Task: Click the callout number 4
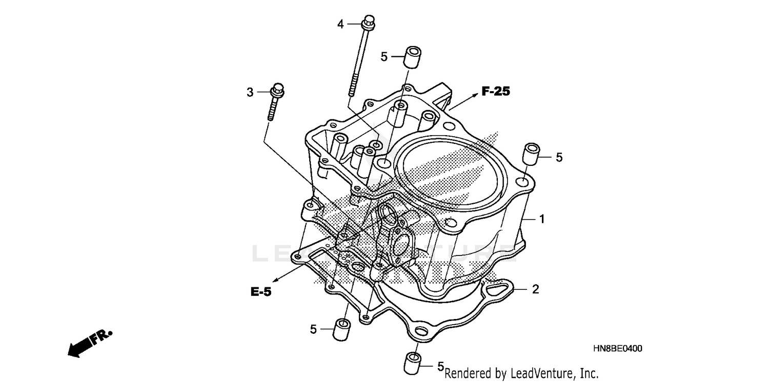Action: point(340,24)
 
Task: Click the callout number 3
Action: point(250,92)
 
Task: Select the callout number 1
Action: point(541,219)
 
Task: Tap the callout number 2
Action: point(535,290)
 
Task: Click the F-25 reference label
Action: point(495,92)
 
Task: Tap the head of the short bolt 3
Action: point(278,91)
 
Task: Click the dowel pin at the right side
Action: point(531,155)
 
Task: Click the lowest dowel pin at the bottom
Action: point(413,363)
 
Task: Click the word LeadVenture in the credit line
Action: point(535,374)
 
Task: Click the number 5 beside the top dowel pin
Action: point(384,57)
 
